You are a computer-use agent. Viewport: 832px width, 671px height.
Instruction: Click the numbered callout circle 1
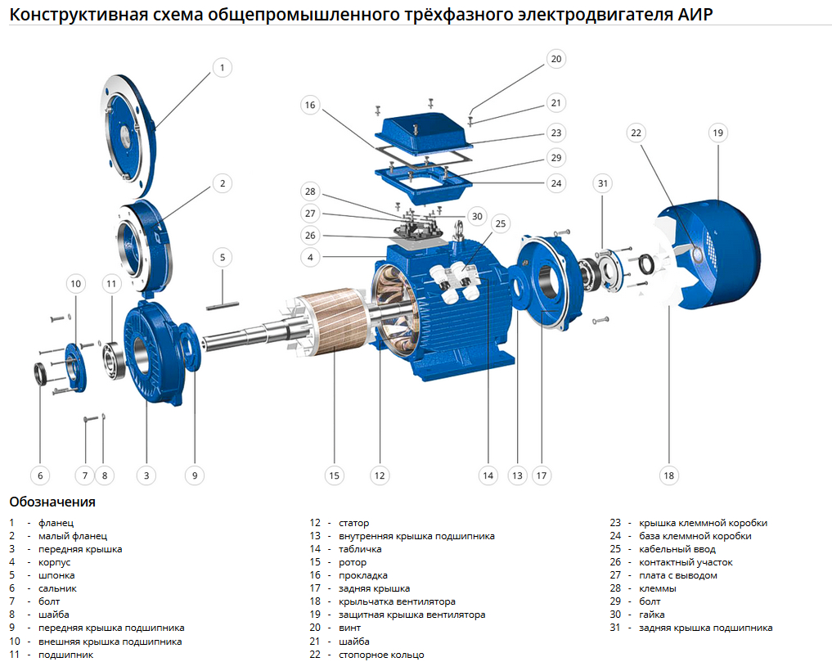(x=222, y=68)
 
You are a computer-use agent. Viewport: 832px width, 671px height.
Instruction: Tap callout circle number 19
(x=717, y=133)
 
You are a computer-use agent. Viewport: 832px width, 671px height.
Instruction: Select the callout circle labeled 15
(x=333, y=475)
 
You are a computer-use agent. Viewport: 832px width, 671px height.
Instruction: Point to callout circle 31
(x=603, y=183)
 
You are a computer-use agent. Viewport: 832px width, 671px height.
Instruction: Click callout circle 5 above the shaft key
(x=222, y=257)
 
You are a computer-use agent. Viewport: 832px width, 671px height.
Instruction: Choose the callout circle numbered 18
(x=668, y=475)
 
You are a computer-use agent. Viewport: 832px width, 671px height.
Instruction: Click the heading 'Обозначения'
(x=52, y=502)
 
